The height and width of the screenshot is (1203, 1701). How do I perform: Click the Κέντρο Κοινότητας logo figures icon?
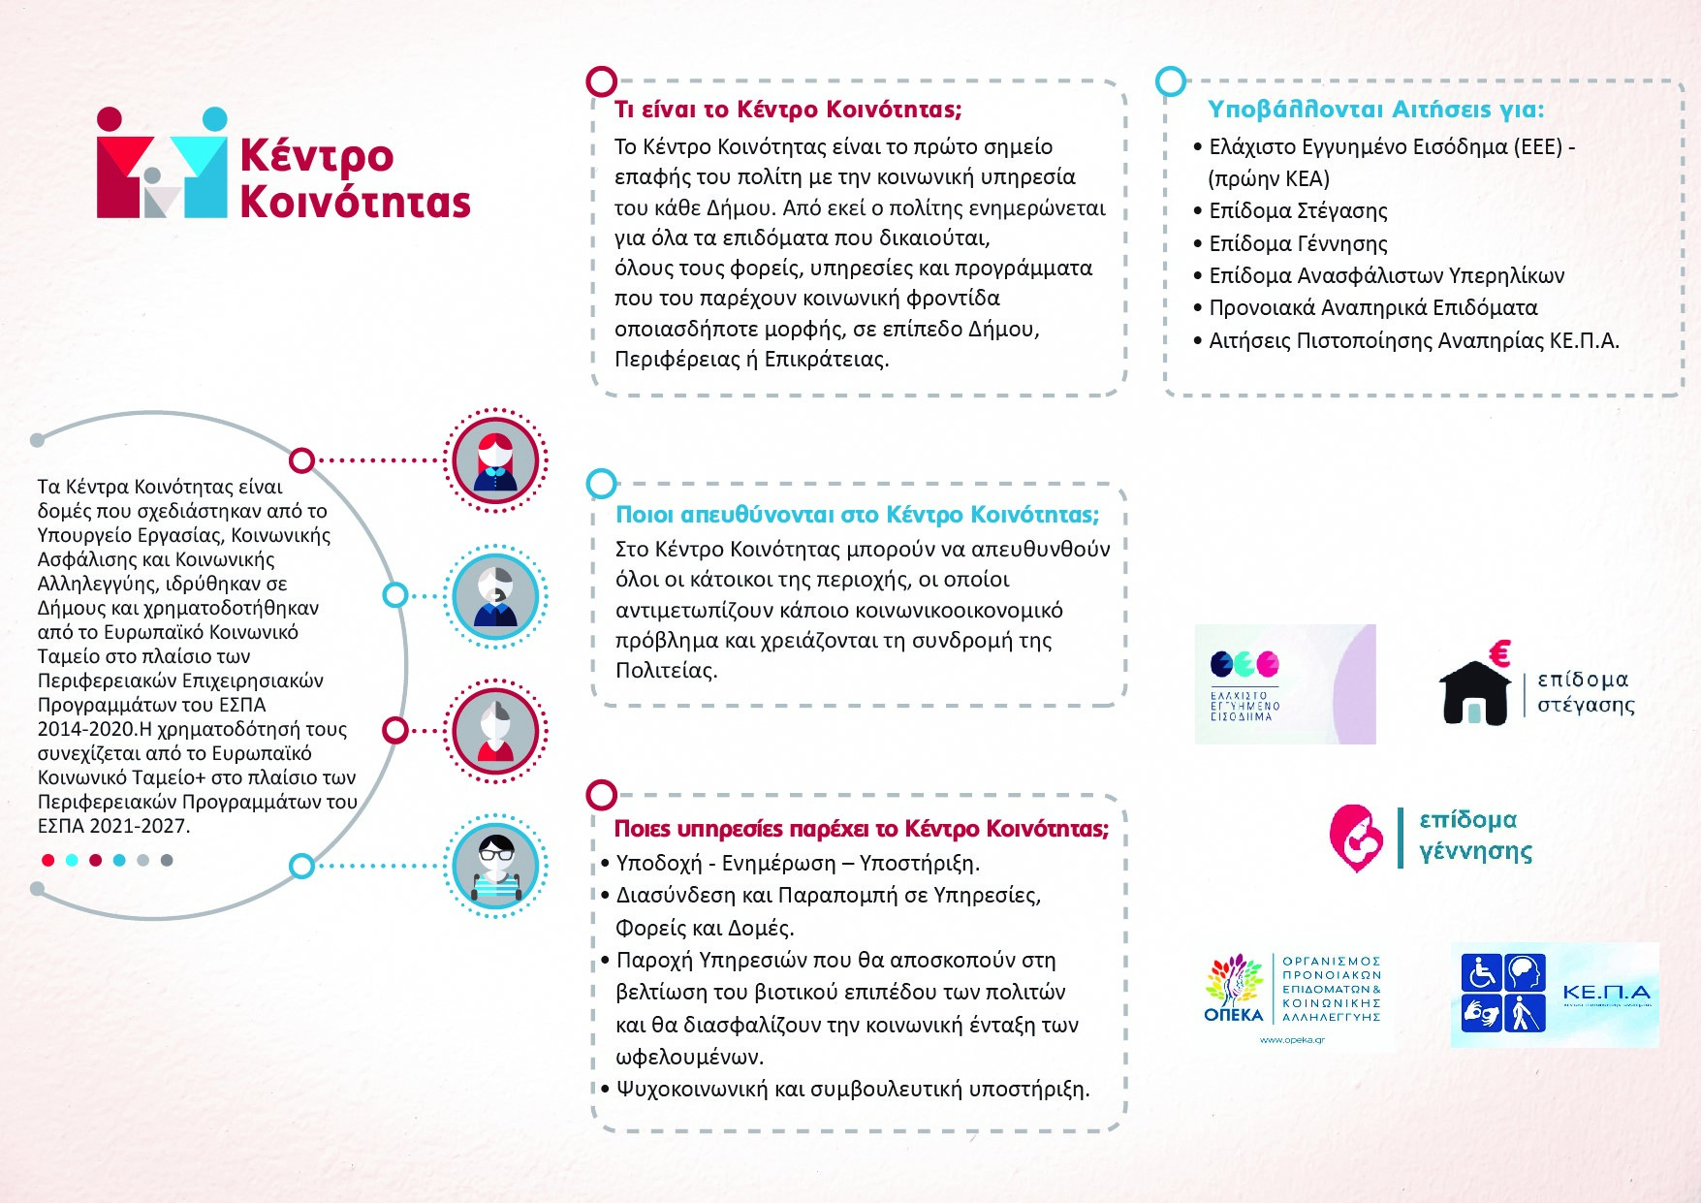(162, 163)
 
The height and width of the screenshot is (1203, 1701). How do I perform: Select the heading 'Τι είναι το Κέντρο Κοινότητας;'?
(787, 110)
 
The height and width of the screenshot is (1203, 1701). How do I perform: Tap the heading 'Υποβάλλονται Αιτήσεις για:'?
(1375, 110)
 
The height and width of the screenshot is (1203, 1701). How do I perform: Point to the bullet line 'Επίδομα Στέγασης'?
(1298, 211)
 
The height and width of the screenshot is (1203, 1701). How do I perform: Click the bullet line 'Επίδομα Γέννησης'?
(1298, 243)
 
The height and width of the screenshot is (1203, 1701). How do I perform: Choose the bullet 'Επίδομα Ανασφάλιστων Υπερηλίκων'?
(1386, 276)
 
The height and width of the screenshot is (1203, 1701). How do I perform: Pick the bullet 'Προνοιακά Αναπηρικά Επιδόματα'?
(1372, 308)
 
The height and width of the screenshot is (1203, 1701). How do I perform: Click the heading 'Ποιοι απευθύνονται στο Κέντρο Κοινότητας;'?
(857, 515)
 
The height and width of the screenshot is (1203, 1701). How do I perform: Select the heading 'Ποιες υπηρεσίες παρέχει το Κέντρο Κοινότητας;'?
(861, 829)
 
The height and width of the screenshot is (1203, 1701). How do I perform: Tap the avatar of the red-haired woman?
(495, 460)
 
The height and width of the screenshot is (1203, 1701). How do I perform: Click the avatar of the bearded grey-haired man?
(495, 596)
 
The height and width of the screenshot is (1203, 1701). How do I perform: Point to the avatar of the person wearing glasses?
(495, 866)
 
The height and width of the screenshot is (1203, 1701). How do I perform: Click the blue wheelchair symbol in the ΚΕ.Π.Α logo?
(1481, 972)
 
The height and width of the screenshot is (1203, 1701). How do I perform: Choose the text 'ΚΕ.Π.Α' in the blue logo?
(1605, 993)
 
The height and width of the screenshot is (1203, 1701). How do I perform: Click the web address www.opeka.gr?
(1291, 1040)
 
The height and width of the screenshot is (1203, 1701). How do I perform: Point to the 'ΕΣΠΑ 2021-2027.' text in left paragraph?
(113, 827)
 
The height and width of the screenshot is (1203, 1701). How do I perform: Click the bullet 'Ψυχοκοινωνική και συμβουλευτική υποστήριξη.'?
(852, 1090)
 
